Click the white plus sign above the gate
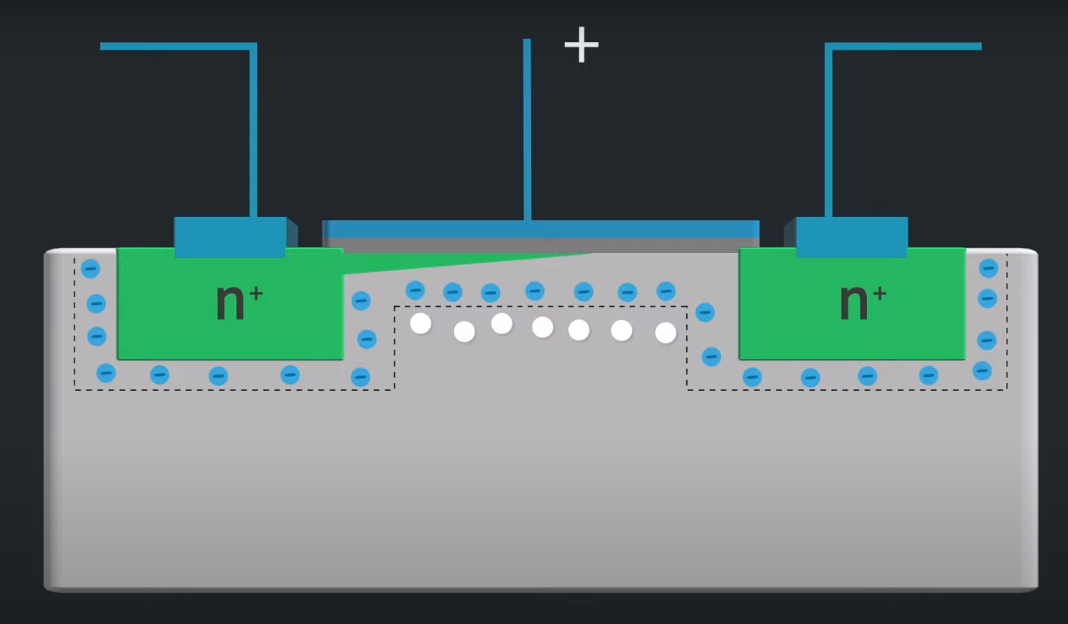[x=581, y=45]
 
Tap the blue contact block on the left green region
[x=230, y=237]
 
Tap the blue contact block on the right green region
[x=851, y=237]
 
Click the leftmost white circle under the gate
[x=421, y=323]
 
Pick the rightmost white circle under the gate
[x=665, y=333]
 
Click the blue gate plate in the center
[x=540, y=228]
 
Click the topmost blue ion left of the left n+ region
[x=91, y=269]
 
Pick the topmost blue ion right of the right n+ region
[x=988, y=268]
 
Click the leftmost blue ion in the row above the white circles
[x=415, y=291]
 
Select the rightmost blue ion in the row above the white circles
[x=666, y=291]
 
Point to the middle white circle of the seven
[x=543, y=327]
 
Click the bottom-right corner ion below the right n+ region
[x=982, y=371]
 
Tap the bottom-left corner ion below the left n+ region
[x=106, y=373]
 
